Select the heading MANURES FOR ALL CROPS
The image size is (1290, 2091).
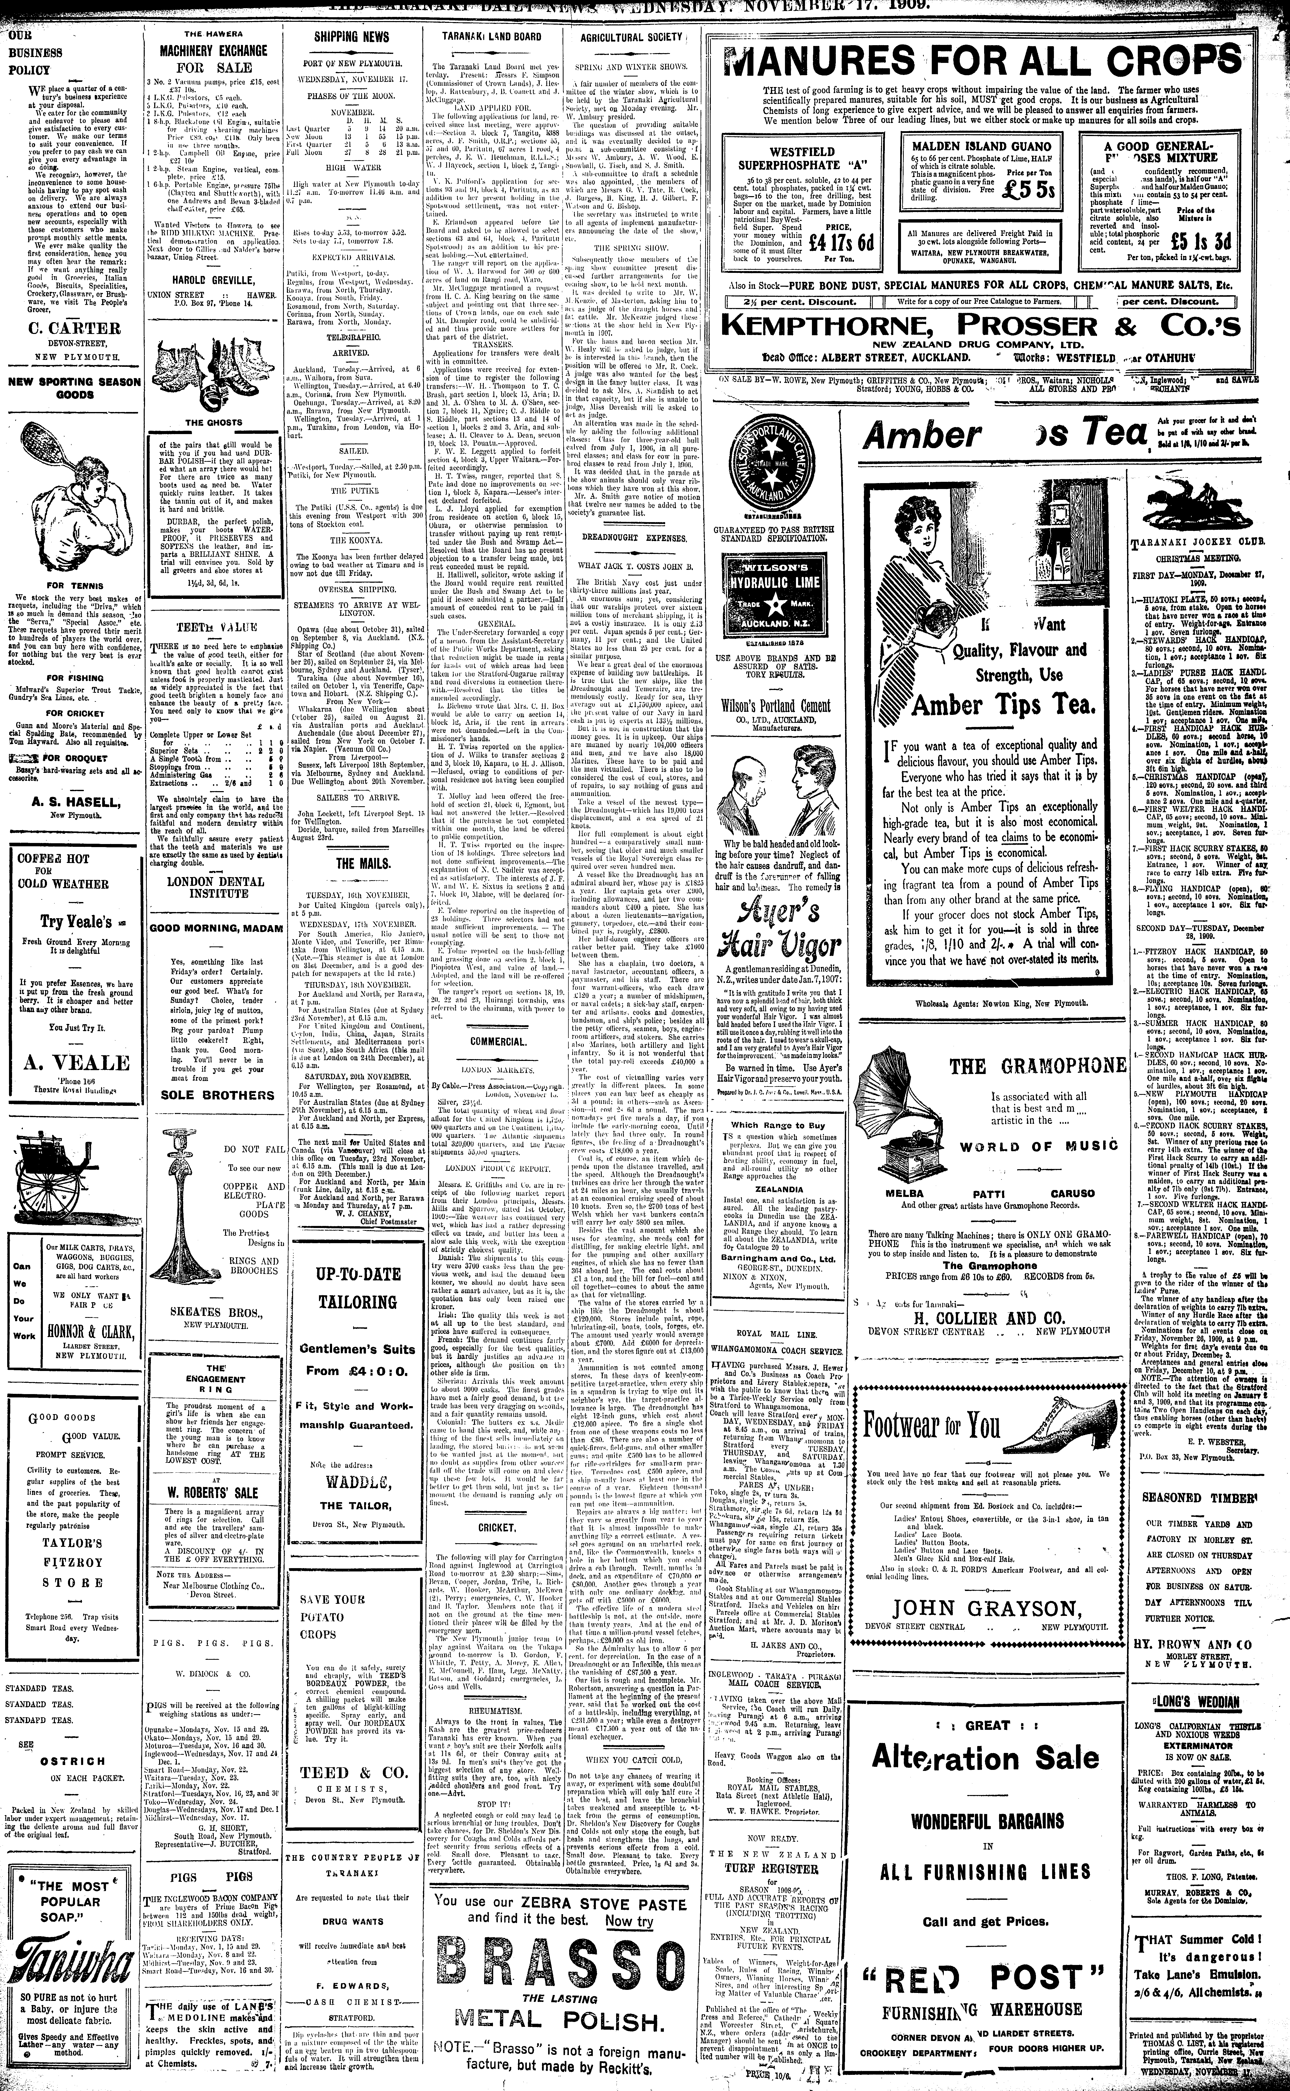tap(979, 61)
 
